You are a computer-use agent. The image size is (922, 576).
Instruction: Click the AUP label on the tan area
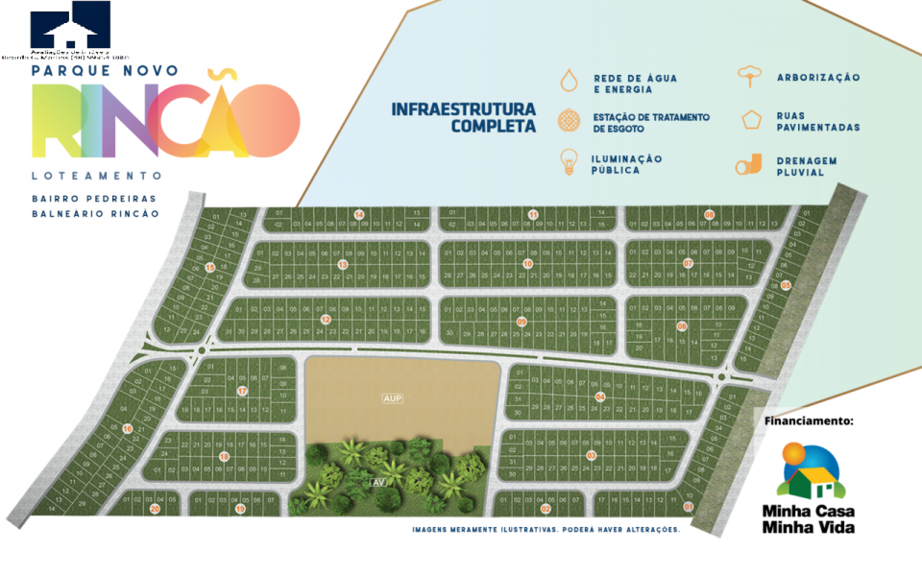coord(390,397)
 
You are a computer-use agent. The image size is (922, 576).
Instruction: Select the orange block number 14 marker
coord(358,214)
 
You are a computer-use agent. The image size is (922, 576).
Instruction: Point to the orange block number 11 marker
coord(533,214)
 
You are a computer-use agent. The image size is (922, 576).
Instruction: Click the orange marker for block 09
coord(522,322)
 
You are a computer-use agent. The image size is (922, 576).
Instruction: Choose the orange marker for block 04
coord(600,396)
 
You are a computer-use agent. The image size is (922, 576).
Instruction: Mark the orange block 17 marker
coord(242,391)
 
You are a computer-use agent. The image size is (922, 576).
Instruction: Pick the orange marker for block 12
coord(326,320)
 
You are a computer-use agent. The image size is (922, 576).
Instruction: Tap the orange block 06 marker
coord(681,326)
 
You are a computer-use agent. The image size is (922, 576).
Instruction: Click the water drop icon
coord(570,79)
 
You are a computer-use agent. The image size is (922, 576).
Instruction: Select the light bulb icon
coord(570,161)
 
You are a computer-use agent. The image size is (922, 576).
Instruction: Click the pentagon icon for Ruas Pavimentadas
coord(749,121)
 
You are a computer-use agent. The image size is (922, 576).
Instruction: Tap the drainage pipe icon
coord(748,165)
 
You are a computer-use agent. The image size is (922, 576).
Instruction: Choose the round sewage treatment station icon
coord(570,121)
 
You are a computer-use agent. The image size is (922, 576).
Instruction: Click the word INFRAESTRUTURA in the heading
coord(464,109)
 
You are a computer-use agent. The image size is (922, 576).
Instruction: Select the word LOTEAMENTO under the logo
coord(96,177)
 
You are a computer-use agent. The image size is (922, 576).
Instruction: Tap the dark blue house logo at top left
coord(69,23)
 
